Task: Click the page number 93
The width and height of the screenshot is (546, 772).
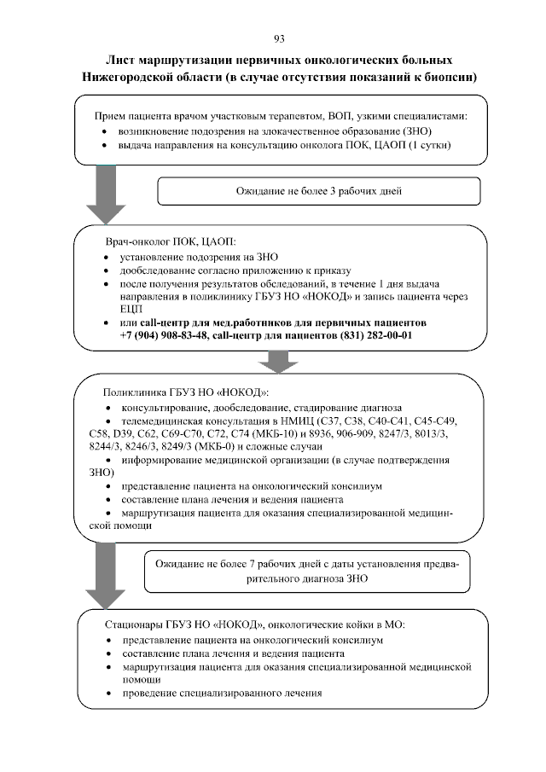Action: pyautogui.click(x=278, y=38)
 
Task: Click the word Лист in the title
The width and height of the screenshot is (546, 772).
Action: pyautogui.click(x=120, y=61)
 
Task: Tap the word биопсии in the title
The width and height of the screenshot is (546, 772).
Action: pyautogui.click(x=449, y=77)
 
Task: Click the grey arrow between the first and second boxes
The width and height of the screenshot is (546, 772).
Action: pyautogui.click(x=106, y=193)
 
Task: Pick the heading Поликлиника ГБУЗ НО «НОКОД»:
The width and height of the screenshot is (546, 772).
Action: pyautogui.click(x=185, y=392)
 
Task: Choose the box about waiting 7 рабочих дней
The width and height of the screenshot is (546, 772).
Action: pyautogui.click(x=305, y=571)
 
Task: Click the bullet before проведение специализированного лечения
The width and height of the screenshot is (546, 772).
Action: pyautogui.click(x=106, y=694)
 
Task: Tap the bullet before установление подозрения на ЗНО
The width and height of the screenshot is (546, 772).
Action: pyautogui.click(x=106, y=257)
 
